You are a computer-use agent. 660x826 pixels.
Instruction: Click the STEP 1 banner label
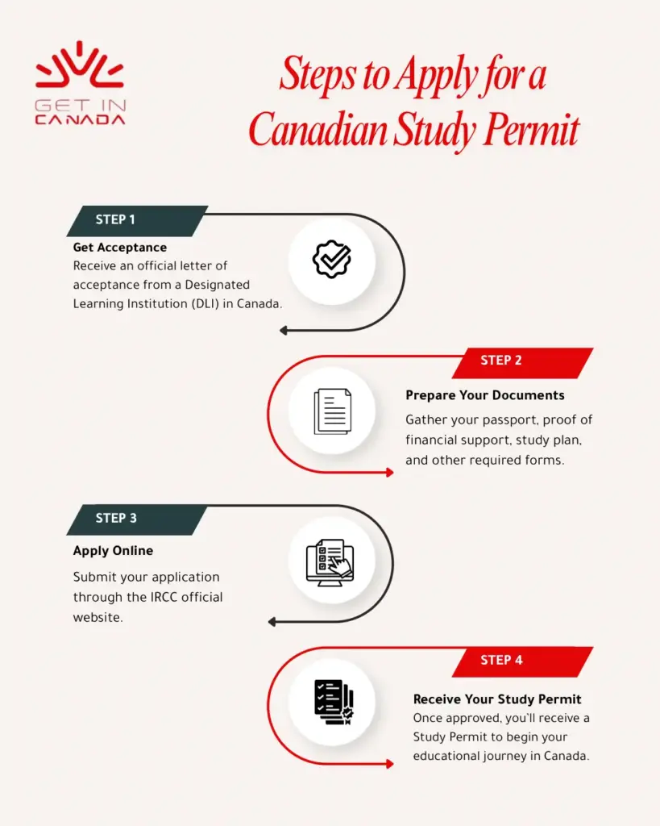pos(116,220)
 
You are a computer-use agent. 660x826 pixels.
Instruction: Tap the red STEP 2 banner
pos(501,361)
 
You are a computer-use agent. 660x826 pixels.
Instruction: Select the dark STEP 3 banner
pos(116,519)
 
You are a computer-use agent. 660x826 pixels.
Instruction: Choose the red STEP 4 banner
pos(501,660)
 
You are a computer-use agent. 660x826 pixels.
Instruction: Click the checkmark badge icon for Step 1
pos(332,259)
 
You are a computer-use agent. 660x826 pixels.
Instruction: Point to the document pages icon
pos(332,411)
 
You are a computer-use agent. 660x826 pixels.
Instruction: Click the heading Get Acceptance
pos(120,248)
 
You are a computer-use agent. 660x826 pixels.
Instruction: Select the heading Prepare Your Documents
pos(485,395)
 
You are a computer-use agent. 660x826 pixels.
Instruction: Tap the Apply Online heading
pos(113,551)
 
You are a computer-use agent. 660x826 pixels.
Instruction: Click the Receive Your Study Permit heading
pos(497,699)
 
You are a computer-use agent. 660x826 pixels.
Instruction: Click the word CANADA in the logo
pos(80,119)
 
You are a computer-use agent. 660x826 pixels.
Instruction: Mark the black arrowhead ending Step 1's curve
pos(284,330)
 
